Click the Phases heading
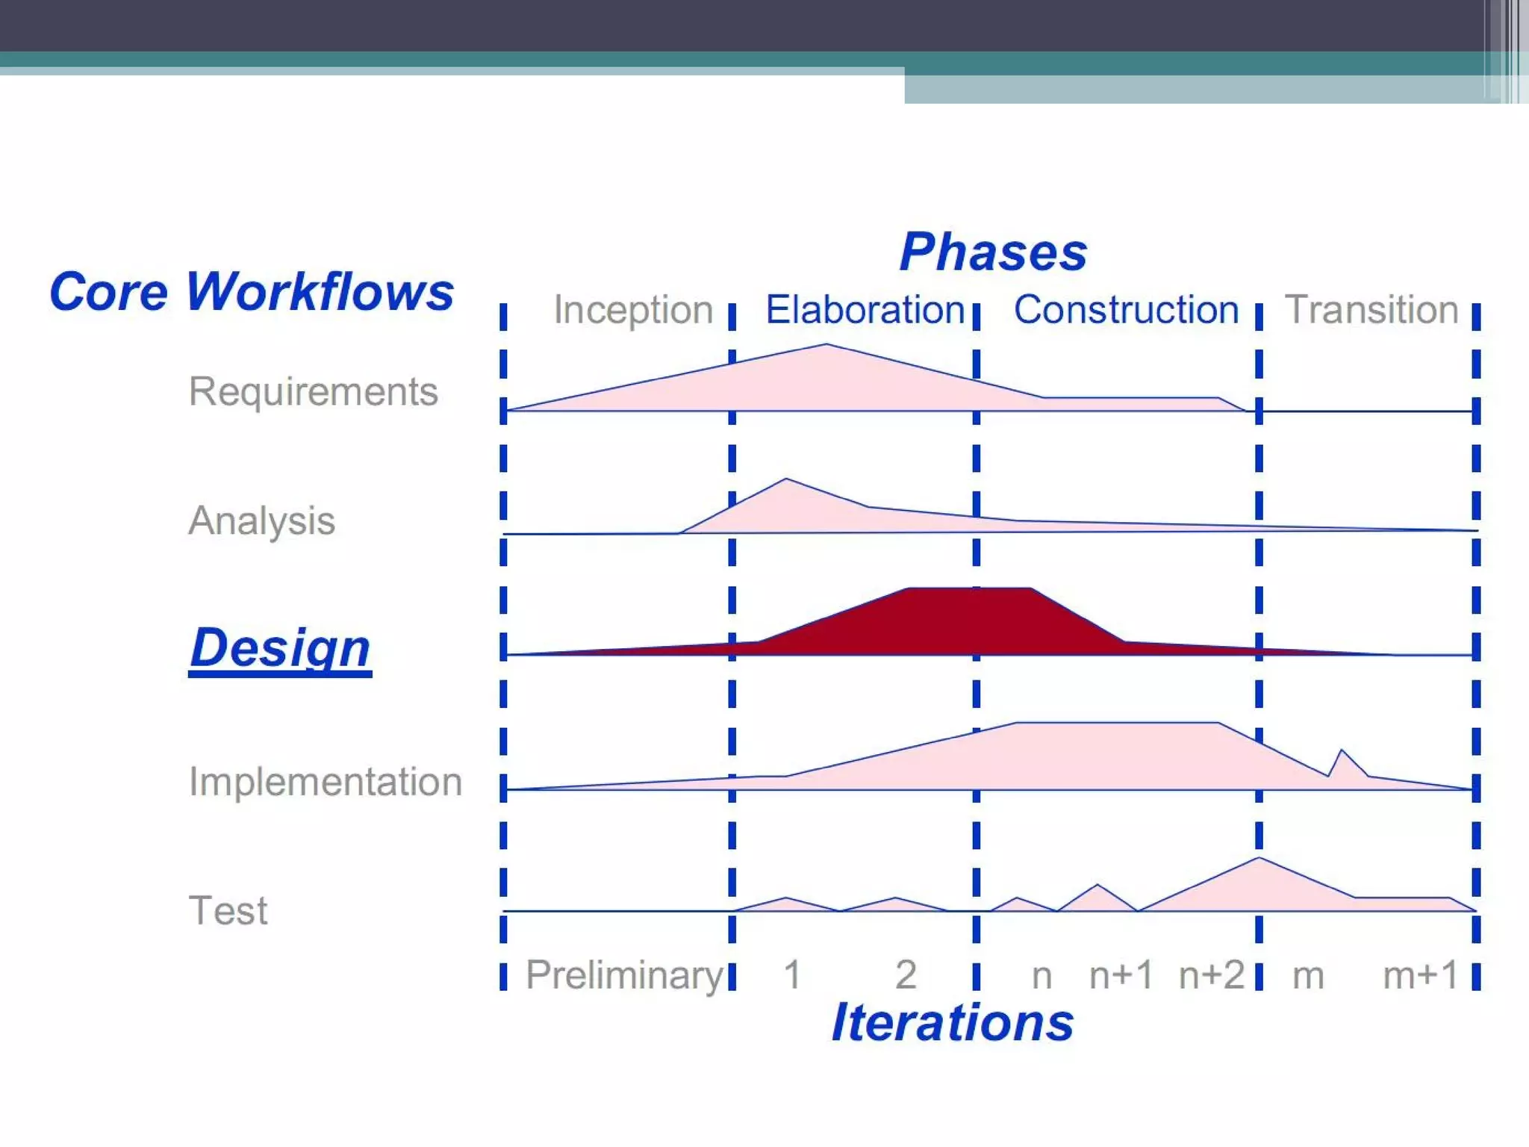point(993,252)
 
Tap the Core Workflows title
point(252,291)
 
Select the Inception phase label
point(633,310)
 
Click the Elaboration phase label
point(865,310)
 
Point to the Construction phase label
point(1126,310)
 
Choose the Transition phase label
point(1371,310)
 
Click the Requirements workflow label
point(313,391)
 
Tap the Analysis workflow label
point(261,520)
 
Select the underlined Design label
point(280,647)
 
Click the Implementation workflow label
point(326,782)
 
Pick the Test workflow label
point(228,910)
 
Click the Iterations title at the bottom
point(953,1022)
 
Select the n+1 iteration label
point(1121,975)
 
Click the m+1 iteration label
point(1420,975)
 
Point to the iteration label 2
point(906,975)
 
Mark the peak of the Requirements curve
point(826,345)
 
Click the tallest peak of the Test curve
point(1259,859)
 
